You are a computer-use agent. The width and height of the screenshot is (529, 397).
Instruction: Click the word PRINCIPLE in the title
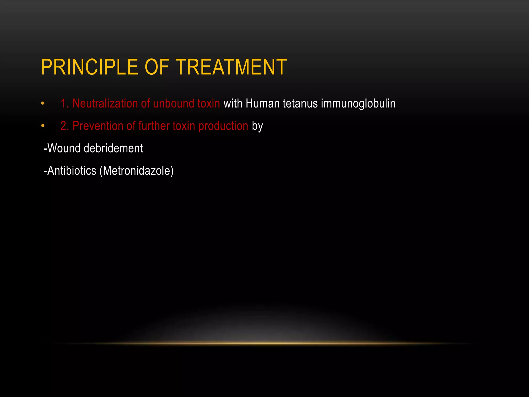click(x=89, y=67)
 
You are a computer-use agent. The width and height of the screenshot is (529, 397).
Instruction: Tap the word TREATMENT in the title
click(x=231, y=67)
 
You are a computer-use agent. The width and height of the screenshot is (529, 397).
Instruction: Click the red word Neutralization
click(x=105, y=103)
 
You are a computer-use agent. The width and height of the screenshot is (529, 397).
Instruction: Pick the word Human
click(x=262, y=103)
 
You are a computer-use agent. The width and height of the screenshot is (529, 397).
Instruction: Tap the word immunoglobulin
click(x=358, y=104)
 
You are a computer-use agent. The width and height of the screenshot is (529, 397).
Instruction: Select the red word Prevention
click(x=98, y=126)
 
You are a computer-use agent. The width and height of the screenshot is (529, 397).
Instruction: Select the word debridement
click(x=113, y=148)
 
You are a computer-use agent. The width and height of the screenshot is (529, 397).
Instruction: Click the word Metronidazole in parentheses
click(x=136, y=171)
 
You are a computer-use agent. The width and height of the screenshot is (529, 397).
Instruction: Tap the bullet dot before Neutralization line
click(x=43, y=104)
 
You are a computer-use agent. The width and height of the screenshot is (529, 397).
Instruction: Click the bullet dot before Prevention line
click(x=43, y=126)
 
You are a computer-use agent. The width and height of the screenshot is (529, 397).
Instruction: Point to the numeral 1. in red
click(x=65, y=103)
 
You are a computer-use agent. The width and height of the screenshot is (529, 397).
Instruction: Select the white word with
click(x=233, y=103)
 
